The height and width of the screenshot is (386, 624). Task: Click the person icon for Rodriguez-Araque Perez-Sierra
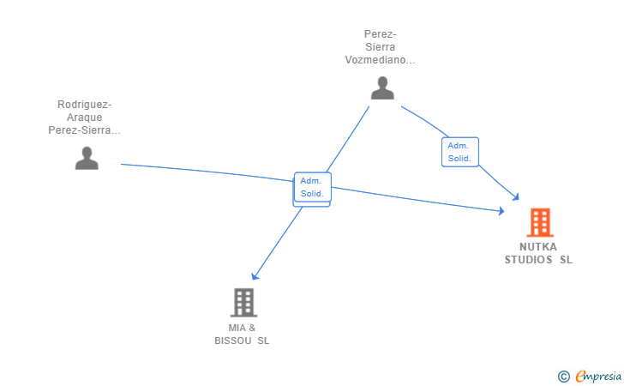tap(87, 158)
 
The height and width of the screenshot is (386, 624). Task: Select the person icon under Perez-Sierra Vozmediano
tap(382, 87)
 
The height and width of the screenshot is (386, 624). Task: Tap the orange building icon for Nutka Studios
tap(539, 222)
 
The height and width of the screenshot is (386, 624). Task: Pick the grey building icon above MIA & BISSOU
tap(243, 302)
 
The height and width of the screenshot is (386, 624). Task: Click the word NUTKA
tap(537, 247)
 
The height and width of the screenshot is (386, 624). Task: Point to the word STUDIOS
tap(528, 260)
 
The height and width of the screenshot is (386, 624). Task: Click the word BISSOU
tap(232, 341)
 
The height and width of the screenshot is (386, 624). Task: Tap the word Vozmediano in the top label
tap(380, 61)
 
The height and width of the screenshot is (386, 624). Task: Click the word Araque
tap(84, 118)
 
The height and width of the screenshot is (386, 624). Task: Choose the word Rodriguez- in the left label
tap(84, 105)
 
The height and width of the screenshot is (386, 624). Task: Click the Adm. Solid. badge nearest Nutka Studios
tap(459, 152)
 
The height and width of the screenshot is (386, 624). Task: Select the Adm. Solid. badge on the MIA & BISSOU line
tap(311, 187)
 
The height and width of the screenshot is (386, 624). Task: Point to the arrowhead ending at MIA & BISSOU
tap(255, 276)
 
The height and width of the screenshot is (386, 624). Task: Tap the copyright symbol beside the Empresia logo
tap(563, 376)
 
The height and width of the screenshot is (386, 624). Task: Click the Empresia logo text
tap(597, 376)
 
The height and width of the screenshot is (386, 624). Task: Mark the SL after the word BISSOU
tap(262, 341)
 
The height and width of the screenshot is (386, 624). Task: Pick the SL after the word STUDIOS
tap(566, 260)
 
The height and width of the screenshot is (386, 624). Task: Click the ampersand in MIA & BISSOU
tap(252, 328)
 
